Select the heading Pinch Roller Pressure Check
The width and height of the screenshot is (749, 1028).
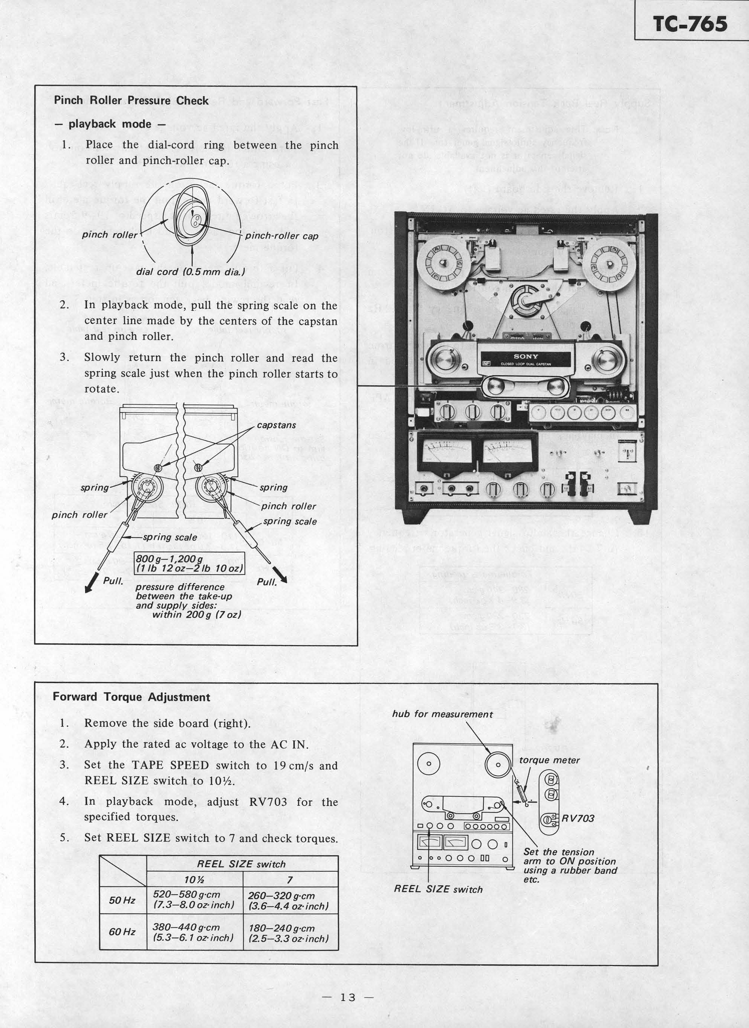coord(131,101)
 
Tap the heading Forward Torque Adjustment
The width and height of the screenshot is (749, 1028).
coord(131,697)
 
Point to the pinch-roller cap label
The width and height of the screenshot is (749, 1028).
coord(281,236)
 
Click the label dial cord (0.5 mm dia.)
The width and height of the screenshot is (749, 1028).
coord(190,272)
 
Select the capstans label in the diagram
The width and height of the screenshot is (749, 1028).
coord(276,425)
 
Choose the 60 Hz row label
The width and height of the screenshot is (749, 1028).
coord(122,932)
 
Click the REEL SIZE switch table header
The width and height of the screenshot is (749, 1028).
coord(241,864)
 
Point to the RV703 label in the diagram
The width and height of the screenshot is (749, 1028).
coord(578,818)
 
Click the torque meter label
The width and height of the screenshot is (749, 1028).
coord(550,760)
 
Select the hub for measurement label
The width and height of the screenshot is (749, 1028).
coord(442,714)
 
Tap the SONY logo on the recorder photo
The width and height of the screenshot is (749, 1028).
coord(526,356)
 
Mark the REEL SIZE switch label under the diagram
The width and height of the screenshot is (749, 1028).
coord(438,889)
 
